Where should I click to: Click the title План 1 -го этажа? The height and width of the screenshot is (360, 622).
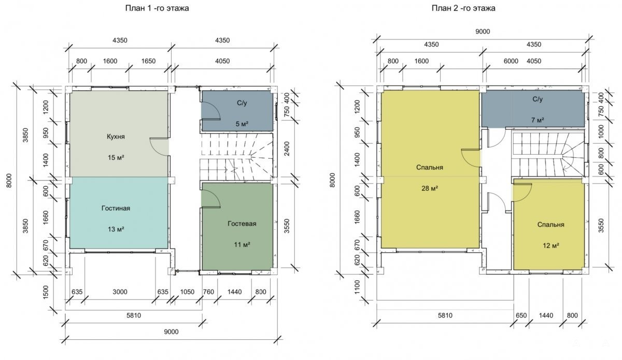(157, 8)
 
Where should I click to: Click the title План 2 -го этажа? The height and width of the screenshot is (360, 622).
(463, 8)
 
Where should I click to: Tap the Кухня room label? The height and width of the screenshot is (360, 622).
(116, 136)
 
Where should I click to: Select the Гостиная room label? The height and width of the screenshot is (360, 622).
(116, 208)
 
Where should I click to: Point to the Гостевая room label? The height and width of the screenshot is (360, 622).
(242, 224)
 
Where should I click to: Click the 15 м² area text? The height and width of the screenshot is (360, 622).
(116, 158)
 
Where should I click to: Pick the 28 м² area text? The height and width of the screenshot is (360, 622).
(430, 188)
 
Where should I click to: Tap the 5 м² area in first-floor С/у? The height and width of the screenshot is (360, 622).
(242, 124)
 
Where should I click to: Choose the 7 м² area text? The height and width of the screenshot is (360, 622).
(538, 120)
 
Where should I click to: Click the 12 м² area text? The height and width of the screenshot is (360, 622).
(551, 246)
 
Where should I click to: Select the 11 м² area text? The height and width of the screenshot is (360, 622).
(242, 245)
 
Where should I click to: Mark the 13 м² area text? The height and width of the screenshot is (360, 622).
(116, 229)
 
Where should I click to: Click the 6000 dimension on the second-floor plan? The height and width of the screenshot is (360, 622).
(511, 61)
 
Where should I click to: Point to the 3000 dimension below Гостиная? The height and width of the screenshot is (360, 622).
(120, 292)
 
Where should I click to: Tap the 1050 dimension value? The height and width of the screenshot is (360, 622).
(187, 292)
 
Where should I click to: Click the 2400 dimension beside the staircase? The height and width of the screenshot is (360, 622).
(287, 149)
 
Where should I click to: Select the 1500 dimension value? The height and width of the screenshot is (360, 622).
(46, 293)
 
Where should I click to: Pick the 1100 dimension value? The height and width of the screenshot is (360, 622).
(357, 287)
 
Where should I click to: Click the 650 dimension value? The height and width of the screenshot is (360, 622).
(521, 315)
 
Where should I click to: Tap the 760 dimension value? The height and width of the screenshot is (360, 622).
(208, 292)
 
